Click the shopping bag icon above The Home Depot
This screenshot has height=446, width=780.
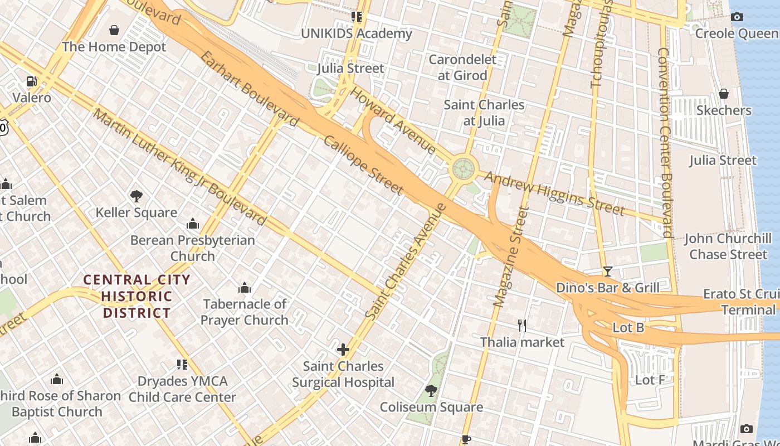(x=114, y=30)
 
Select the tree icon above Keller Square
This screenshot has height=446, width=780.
(x=136, y=196)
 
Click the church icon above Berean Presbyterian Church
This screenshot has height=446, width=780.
(x=193, y=224)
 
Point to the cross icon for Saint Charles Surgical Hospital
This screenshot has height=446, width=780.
(x=343, y=350)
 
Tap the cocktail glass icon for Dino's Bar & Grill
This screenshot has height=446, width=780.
(x=607, y=272)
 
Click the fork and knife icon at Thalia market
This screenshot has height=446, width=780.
(x=522, y=326)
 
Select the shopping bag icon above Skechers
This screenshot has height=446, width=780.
(x=724, y=94)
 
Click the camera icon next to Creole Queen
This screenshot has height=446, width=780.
(x=737, y=17)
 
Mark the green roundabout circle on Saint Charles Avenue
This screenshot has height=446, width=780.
(x=464, y=168)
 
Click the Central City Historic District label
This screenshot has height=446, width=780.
(x=136, y=296)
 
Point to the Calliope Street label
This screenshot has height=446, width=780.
(x=363, y=166)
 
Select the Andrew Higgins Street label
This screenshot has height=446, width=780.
(x=554, y=193)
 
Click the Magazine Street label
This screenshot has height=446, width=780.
(x=511, y=256)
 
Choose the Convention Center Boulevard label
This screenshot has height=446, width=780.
(x=665, y=142)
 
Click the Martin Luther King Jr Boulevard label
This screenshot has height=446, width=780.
(x=179, y=167)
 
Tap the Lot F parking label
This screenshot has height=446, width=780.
(x=650, y=380)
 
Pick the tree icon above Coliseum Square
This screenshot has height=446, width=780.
(x=431, y=391)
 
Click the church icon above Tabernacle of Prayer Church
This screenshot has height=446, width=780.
(x=244, y=288)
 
